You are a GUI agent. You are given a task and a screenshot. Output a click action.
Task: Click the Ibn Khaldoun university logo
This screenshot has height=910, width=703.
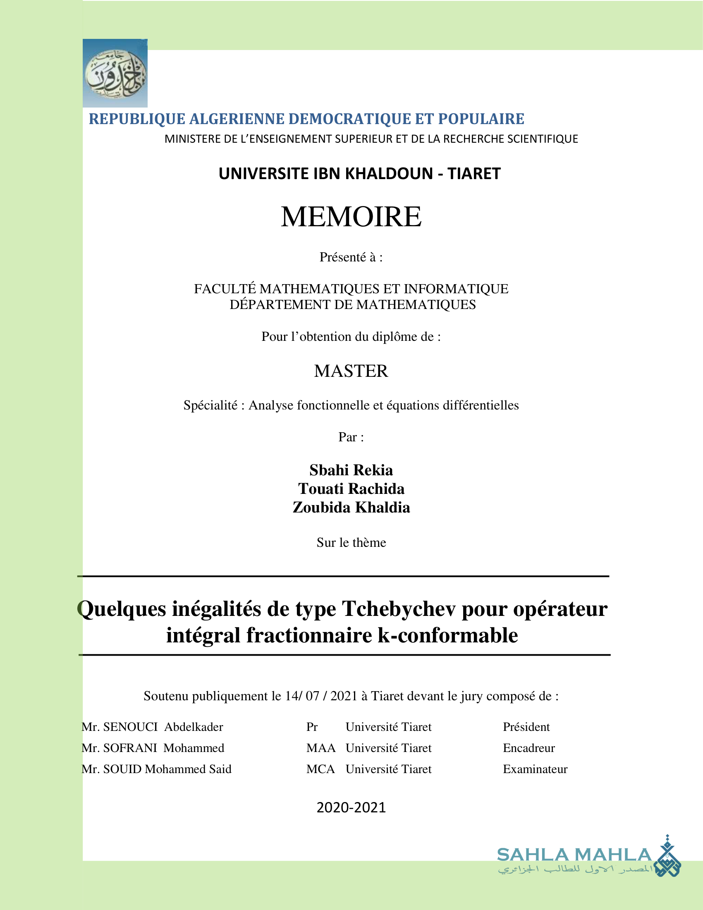115,73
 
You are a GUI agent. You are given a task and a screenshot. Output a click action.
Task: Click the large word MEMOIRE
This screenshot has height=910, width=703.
351,217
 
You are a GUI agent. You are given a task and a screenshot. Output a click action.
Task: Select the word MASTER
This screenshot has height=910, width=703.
351,371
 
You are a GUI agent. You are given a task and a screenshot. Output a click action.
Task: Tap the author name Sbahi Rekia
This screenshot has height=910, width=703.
351,470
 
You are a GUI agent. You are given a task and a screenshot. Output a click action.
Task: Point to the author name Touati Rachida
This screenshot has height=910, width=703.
351,489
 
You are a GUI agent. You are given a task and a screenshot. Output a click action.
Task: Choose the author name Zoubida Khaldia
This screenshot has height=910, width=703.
351,508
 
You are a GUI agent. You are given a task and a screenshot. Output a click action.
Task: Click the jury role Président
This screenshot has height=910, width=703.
526,727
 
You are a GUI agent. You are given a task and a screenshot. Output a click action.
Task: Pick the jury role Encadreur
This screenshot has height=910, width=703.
528,748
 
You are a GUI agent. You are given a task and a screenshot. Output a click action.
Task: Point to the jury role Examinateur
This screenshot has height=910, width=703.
535,769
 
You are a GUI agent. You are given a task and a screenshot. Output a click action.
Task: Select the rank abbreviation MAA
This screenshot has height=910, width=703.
320,748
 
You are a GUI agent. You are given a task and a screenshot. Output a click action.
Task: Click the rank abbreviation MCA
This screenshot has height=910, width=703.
320,769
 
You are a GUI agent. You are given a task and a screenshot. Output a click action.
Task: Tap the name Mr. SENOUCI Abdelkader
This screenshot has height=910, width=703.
153,727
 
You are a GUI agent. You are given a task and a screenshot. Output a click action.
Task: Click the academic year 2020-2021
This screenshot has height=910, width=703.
351,807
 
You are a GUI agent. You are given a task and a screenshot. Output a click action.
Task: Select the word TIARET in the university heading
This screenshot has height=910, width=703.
474,173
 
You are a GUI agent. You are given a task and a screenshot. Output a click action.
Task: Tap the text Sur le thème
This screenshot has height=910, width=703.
351,543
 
